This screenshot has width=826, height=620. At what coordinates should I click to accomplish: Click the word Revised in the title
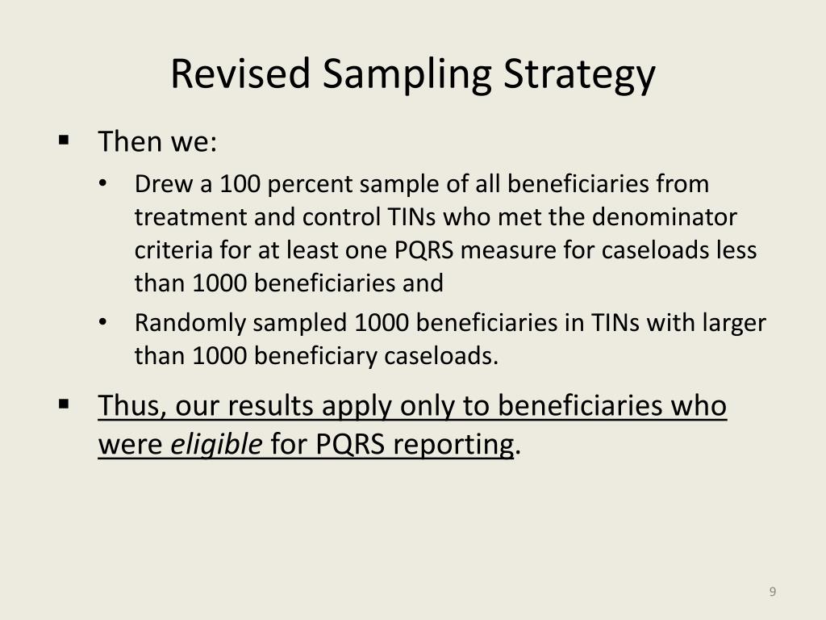[240, 74]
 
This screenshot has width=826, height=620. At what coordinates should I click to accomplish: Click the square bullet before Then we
[64, 140]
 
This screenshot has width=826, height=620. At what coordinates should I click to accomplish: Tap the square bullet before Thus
[64, 403]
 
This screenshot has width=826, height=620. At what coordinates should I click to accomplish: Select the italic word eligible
[216, 444]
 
